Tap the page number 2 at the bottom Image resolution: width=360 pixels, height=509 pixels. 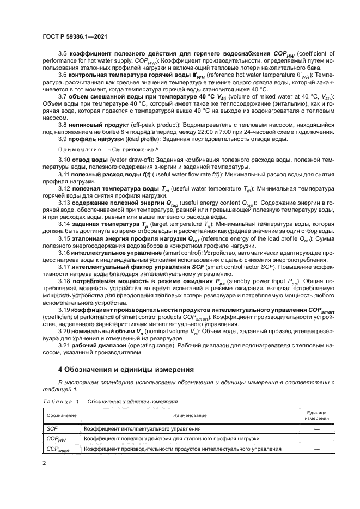(44, 463)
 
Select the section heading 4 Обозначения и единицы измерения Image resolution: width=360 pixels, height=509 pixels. (126, 368)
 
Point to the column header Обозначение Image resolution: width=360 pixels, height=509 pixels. (61, 415)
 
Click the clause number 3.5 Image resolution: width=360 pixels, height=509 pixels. (62, 53)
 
